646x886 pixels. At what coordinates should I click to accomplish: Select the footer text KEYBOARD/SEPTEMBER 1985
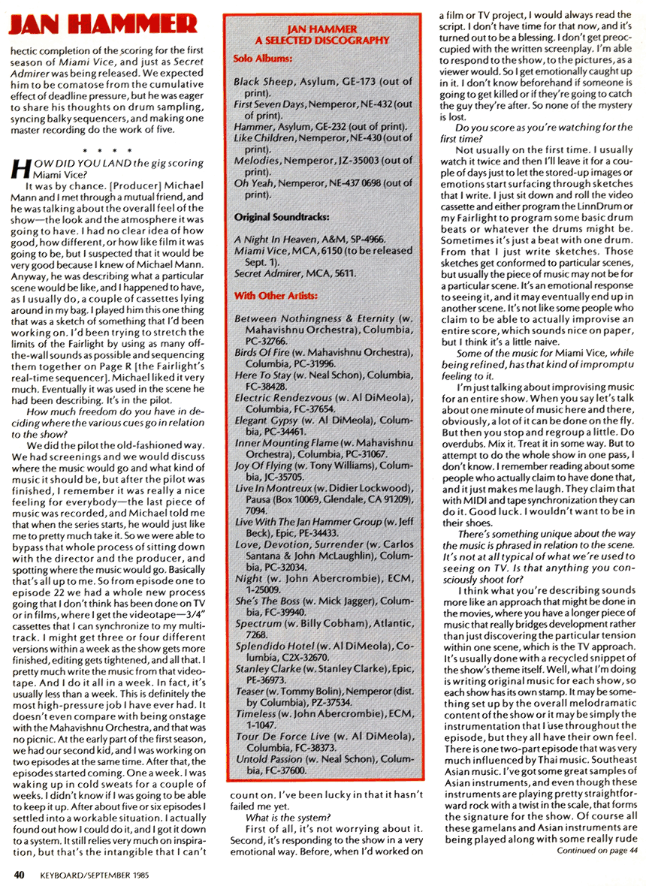coord(94,873)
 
